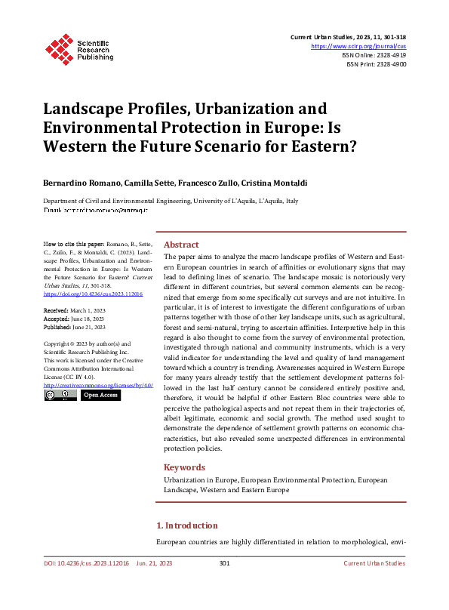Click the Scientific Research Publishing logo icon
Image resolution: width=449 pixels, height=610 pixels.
coord(57,48)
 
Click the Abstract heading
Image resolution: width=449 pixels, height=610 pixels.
coord(181,245)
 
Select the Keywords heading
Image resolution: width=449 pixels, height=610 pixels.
coord(183,467)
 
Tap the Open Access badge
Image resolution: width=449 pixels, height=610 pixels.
coord(101,395)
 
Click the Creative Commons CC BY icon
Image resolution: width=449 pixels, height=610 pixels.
coord(60,395)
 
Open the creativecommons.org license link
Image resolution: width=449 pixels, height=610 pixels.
coord(98,385)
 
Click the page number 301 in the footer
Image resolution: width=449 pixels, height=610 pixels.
coord(224,563)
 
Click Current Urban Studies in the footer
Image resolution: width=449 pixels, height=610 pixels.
coord(374,563)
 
